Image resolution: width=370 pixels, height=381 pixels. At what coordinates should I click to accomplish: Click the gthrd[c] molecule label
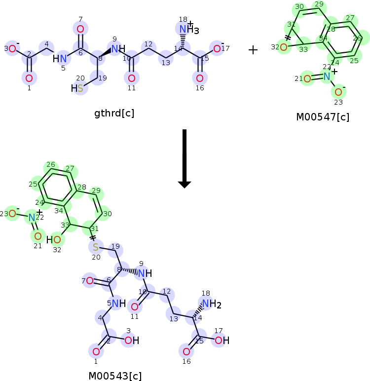(114, 114)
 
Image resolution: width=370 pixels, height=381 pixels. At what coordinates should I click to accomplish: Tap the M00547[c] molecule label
(323, 117)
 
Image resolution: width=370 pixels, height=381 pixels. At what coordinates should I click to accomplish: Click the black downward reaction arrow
(184, 158)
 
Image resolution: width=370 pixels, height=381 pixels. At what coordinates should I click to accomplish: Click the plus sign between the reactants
(253, 50)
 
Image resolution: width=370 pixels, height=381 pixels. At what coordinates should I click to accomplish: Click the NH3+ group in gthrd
(187, 30)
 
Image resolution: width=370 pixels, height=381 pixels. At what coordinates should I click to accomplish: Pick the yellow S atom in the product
(96, 246)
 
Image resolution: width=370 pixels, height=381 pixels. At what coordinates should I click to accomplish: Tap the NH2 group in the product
(211, 304)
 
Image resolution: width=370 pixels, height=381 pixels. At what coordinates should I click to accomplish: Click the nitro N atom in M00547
(327, 76)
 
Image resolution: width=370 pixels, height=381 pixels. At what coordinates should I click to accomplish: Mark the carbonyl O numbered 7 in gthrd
(80, 29)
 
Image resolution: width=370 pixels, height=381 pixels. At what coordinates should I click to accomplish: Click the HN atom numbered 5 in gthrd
(60, 59)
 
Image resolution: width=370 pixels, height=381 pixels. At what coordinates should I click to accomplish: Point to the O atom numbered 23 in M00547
(338, 92)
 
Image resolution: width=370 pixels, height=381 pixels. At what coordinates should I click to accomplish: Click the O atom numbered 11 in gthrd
(131, 78)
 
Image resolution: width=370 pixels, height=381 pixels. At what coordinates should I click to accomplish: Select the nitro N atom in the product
(32, 217)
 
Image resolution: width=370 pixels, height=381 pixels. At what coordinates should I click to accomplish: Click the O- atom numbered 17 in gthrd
(217, 48)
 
